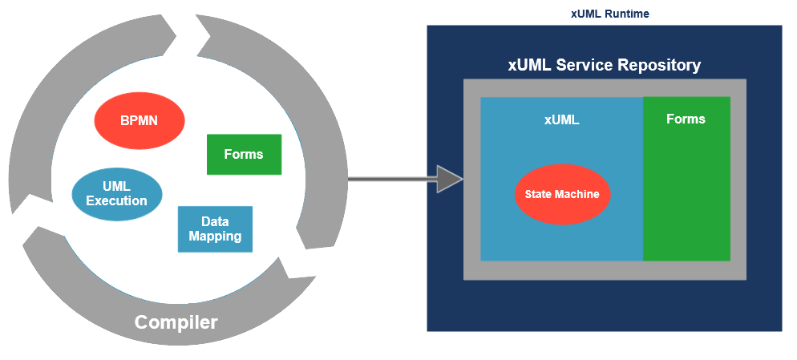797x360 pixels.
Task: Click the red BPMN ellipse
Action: pos(140,121)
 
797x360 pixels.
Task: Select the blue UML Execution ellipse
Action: pos(117,194)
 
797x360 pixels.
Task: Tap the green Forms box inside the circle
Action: pos(244,154)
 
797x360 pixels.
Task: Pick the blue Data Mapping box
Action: pos(215,229)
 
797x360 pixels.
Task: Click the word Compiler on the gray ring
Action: pos(176,322)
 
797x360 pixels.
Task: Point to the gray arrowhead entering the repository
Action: pos(449,178)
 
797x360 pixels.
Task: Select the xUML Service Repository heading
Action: pos(605,65)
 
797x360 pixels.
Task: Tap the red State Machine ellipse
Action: pos(562,194)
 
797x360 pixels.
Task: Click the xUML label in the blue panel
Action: pos(561,120)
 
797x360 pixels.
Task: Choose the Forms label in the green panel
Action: pos(686,119)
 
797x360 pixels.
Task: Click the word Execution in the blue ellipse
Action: pos(117,200)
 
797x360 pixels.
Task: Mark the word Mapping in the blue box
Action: pos(215,237)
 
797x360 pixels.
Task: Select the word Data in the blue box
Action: pos(215,221)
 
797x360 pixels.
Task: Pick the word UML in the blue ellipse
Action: pos(117,186)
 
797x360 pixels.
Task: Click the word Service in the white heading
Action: pos(584,65)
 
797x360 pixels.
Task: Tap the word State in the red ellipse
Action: pos(539,194)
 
